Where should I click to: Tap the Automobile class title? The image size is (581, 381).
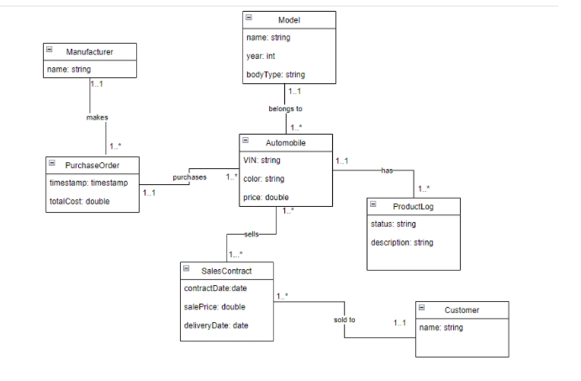(286, 143)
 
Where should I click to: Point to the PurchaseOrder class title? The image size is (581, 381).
(95, 164)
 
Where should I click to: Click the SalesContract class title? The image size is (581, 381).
(226, 270)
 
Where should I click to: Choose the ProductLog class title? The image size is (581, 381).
(414, 205)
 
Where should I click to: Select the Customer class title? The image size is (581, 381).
(462, 310)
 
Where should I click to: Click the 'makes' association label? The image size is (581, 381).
(97, 118)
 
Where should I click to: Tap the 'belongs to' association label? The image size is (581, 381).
(285, 109)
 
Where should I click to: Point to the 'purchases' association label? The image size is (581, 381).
(189, 177)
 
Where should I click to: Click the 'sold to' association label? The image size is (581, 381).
(346, 320)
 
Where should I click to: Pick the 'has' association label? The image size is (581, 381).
(387, 171)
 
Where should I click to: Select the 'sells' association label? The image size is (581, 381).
(251, 233)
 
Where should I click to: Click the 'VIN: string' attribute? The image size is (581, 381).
(263, 160)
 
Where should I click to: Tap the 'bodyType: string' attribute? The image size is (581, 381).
(276, 75)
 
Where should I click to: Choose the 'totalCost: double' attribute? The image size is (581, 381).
(79, 201)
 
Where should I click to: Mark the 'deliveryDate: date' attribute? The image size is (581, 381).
(216, 325)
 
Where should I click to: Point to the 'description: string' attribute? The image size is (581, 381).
(402, 242)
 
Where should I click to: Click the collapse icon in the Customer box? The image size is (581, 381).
(421, 309)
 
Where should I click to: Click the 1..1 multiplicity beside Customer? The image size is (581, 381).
(401, 322)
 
